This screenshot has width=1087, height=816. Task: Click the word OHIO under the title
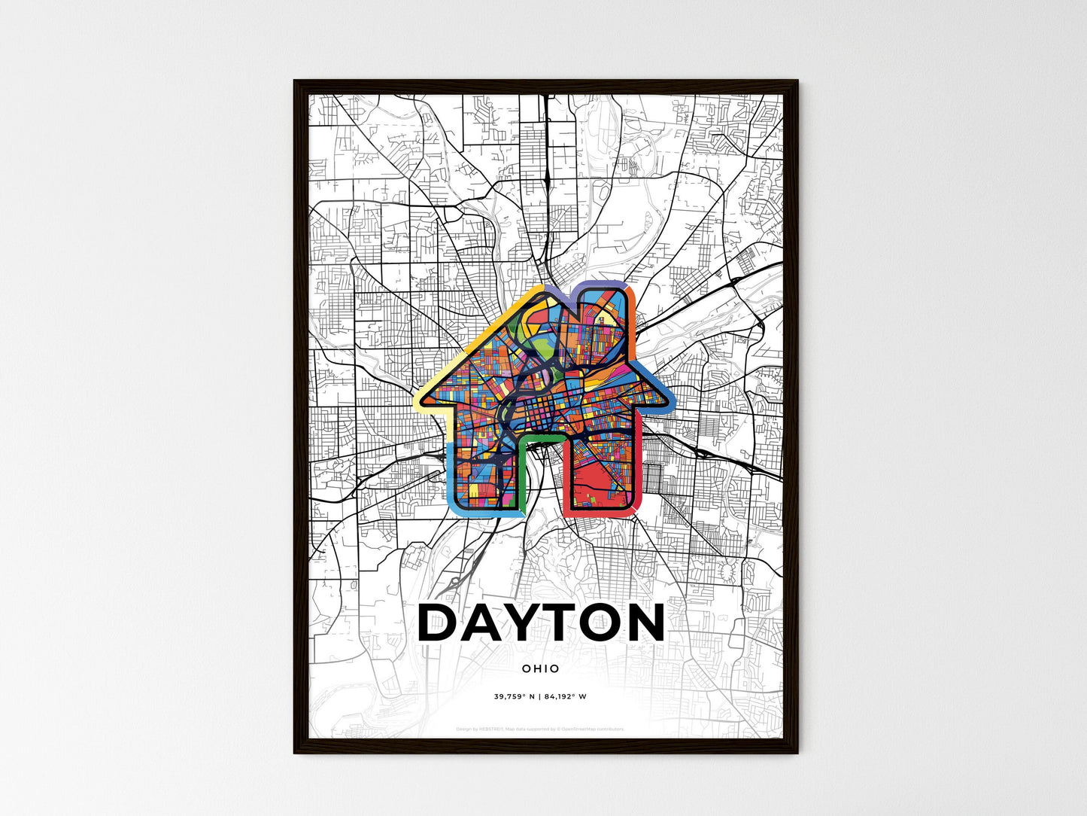pos(540,668)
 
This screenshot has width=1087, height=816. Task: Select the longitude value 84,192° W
pos(566,696)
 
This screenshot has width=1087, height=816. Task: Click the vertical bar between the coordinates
pos(540,696)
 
